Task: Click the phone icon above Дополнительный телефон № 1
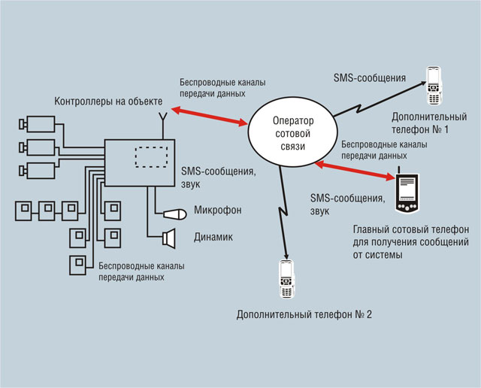click(434, 86)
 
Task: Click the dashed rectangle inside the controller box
click(152, 159)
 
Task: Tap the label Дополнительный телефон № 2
click(304, 314)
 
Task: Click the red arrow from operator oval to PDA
click(356, 170)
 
